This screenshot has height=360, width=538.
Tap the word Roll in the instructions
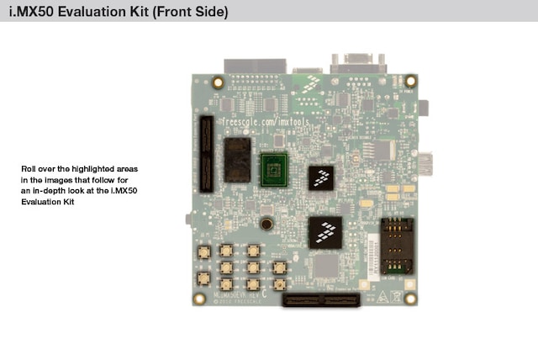[x=29, y=169]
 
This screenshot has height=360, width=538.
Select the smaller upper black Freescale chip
[x=320, y=176]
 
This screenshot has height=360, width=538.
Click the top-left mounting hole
[x=218, y=82]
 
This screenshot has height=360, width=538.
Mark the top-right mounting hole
[x=409, y=82]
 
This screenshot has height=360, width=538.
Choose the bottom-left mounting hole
[x=199, y=298]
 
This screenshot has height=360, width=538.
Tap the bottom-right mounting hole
[x=410, y=298]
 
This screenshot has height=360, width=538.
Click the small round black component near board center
[x=266, y=224]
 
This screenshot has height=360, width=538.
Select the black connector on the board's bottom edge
[x=319, y=300]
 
